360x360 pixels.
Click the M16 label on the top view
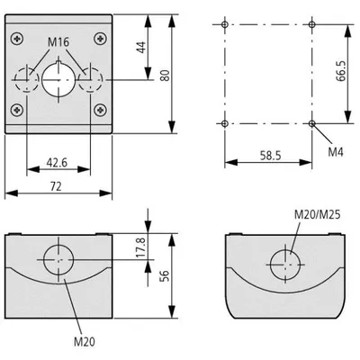point(58,42)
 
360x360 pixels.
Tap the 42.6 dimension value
point(57,163)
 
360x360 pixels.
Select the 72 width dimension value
point(56,186)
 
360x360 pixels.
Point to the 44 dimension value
point(141,48)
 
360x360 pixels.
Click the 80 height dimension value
point(165,76)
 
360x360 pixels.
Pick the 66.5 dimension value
point(341,71)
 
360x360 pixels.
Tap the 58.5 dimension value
point(271,156)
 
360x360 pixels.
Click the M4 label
point(336,152)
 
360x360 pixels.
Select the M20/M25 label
point(318,214)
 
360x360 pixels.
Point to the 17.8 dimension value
point(140,247)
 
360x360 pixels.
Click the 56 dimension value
point(165,276)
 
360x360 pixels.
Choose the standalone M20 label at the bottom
point(85,341)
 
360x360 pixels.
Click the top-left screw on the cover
point(17,39)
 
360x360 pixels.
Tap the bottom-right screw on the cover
point(100,110)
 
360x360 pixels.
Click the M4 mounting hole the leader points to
point(312,123)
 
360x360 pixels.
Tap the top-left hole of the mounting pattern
point(225,24)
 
